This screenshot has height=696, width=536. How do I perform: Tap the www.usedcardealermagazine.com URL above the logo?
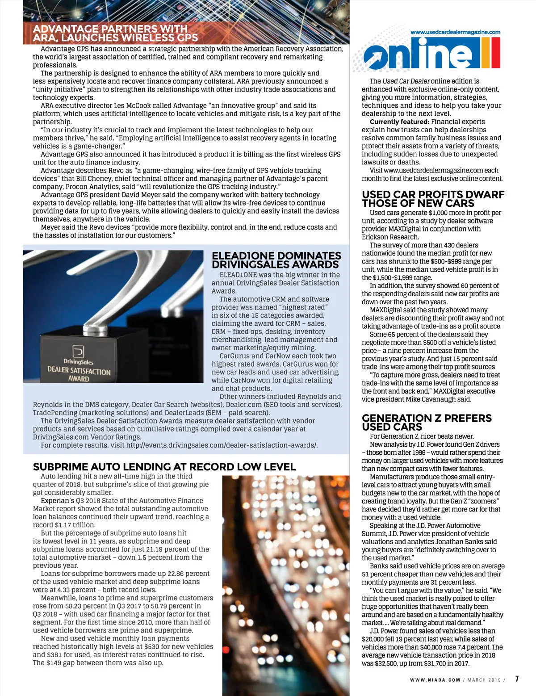pos(455,32)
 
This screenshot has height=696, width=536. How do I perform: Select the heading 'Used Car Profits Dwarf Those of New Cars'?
pos(433,199)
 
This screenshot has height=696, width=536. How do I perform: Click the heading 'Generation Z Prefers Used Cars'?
pos(427,422)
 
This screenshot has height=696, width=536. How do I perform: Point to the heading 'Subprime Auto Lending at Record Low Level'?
pos(164,467)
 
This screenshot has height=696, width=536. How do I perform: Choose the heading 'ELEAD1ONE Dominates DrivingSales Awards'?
pos(276,260)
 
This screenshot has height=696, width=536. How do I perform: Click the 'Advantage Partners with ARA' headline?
pos(115,34)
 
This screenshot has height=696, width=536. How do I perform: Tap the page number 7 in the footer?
pos(517,679)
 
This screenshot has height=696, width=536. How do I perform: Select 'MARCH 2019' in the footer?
pos(484,680)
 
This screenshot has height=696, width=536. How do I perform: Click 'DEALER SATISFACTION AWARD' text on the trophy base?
pos(79,374)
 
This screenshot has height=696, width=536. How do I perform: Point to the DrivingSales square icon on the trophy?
pos(78,351)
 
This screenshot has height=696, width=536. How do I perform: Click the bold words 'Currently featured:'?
pos(399,122)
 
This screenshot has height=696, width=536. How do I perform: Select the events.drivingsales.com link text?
pos(222,445)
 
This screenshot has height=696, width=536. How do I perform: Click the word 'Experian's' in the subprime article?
pos(58,501)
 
